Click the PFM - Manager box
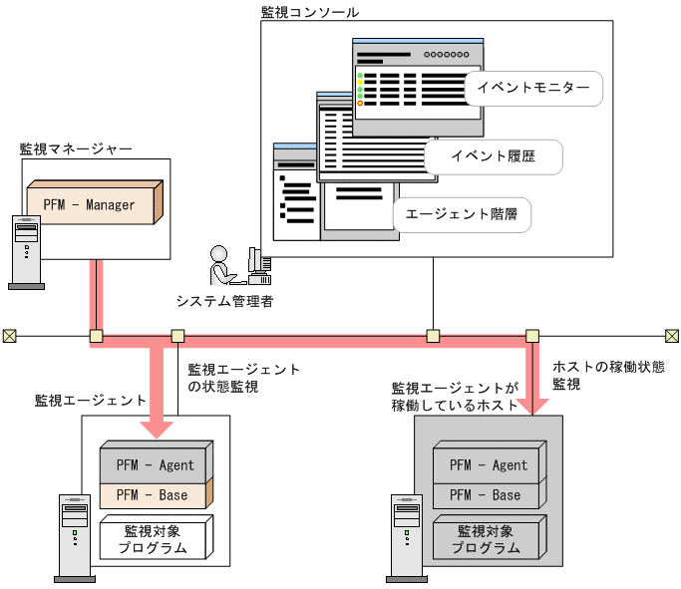[x=95, y=205]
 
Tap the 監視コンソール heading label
[x=310, y=12]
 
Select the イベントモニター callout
[x=533, y=88]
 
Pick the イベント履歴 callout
[x=493, y=155]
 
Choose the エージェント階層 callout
[x=462, y=213]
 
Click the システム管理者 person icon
[x=220, y=266]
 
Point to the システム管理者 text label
[x=224, y=300]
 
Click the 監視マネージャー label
[x=76, y=148]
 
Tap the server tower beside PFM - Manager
[x=26, y=252]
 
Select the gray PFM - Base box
[x=485, y=495]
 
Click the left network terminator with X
[x=9, y=336]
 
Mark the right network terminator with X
[x=672, y=336]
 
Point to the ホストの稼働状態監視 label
[x=608, y=375]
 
